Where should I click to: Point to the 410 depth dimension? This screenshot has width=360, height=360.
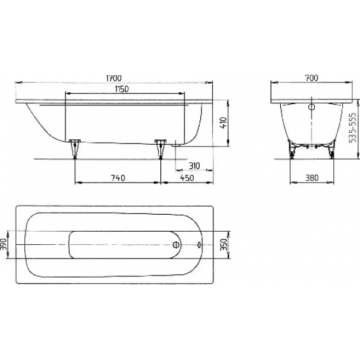coord(223,122)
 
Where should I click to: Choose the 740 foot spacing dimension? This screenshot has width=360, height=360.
coord(117,177)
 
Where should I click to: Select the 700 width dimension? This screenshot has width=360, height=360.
coord(311,79)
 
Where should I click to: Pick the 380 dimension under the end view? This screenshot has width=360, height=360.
coord(312,177)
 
